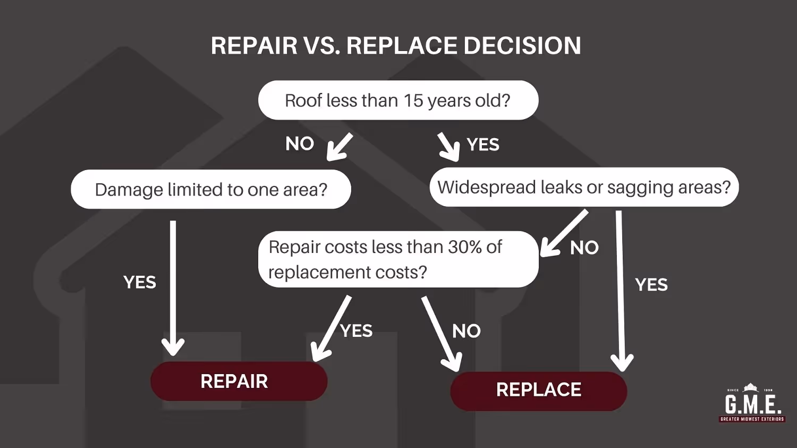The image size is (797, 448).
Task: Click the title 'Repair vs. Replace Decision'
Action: tap(396, 46)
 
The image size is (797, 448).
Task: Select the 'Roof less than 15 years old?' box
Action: tap(398, 100)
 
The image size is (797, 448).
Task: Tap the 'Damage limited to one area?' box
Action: tap(210, 189)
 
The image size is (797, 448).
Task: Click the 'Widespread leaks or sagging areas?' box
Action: tap(584, 187)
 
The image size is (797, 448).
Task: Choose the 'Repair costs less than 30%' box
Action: tap(398, 259)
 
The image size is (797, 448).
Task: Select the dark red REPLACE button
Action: tap(538, 390)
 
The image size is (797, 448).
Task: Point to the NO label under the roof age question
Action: tap(300, 143)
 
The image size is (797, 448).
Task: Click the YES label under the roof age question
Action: tap(483, 145)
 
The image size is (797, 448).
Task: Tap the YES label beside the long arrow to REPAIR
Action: tap(140, 282)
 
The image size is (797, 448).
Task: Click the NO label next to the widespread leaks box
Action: tap(584, 248)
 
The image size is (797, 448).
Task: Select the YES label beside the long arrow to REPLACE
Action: tap(651, 285)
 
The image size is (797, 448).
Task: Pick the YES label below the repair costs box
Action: tap(357, 331)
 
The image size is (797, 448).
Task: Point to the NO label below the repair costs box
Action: tap(466, 332)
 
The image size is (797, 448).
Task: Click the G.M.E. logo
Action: tap(752, 403)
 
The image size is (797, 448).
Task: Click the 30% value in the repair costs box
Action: tap(465, 247)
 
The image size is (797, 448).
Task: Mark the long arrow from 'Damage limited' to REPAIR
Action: tap(173, 287)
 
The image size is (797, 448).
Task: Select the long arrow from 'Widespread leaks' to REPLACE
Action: tap(620, 290)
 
